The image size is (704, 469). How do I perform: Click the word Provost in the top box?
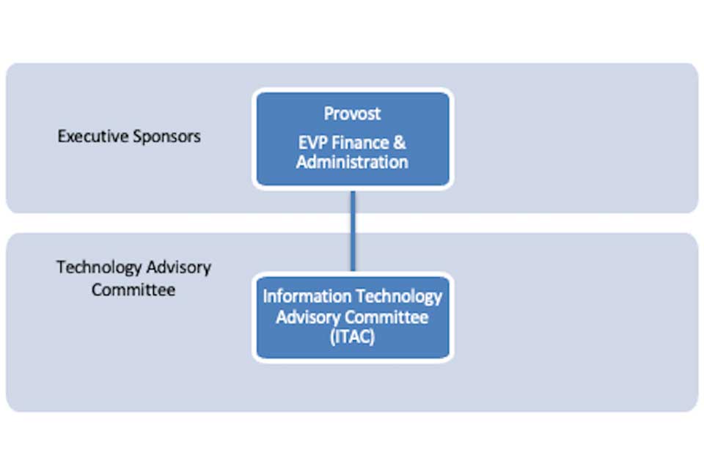(352, 114)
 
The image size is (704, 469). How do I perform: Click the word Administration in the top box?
(352, 162)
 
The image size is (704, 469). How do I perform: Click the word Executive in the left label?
(91, 136)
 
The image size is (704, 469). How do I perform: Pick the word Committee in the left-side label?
(133, 289)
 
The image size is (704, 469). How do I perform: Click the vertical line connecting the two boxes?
(353, 231)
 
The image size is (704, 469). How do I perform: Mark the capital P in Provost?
(329, 114)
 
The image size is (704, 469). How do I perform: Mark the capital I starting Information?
(265, 297)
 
